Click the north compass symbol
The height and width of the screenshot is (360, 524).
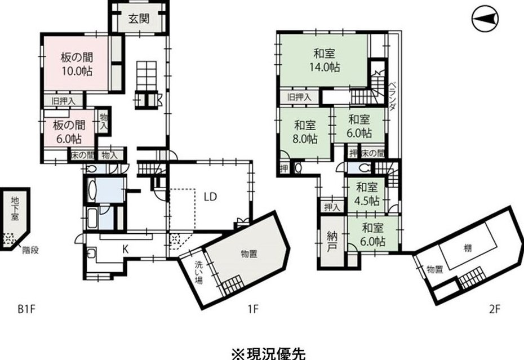485,19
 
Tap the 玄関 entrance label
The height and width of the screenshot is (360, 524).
139,19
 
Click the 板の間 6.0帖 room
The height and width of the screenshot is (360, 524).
69,131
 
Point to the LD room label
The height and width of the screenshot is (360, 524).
211,197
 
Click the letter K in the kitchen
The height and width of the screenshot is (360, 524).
125,249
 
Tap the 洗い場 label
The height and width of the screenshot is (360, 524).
199,272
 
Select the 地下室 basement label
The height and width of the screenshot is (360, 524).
15,208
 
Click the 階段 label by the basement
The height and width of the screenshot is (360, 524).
30,250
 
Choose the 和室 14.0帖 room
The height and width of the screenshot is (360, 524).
324,60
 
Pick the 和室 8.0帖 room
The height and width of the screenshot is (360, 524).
305,132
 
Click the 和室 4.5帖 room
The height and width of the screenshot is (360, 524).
367,194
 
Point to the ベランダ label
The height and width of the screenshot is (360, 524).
393,96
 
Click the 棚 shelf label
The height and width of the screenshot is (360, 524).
468,248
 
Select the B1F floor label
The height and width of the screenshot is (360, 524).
26,309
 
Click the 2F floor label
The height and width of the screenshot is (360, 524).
495,309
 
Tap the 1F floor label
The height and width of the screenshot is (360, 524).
254,309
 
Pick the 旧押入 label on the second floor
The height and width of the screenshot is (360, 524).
299,97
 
